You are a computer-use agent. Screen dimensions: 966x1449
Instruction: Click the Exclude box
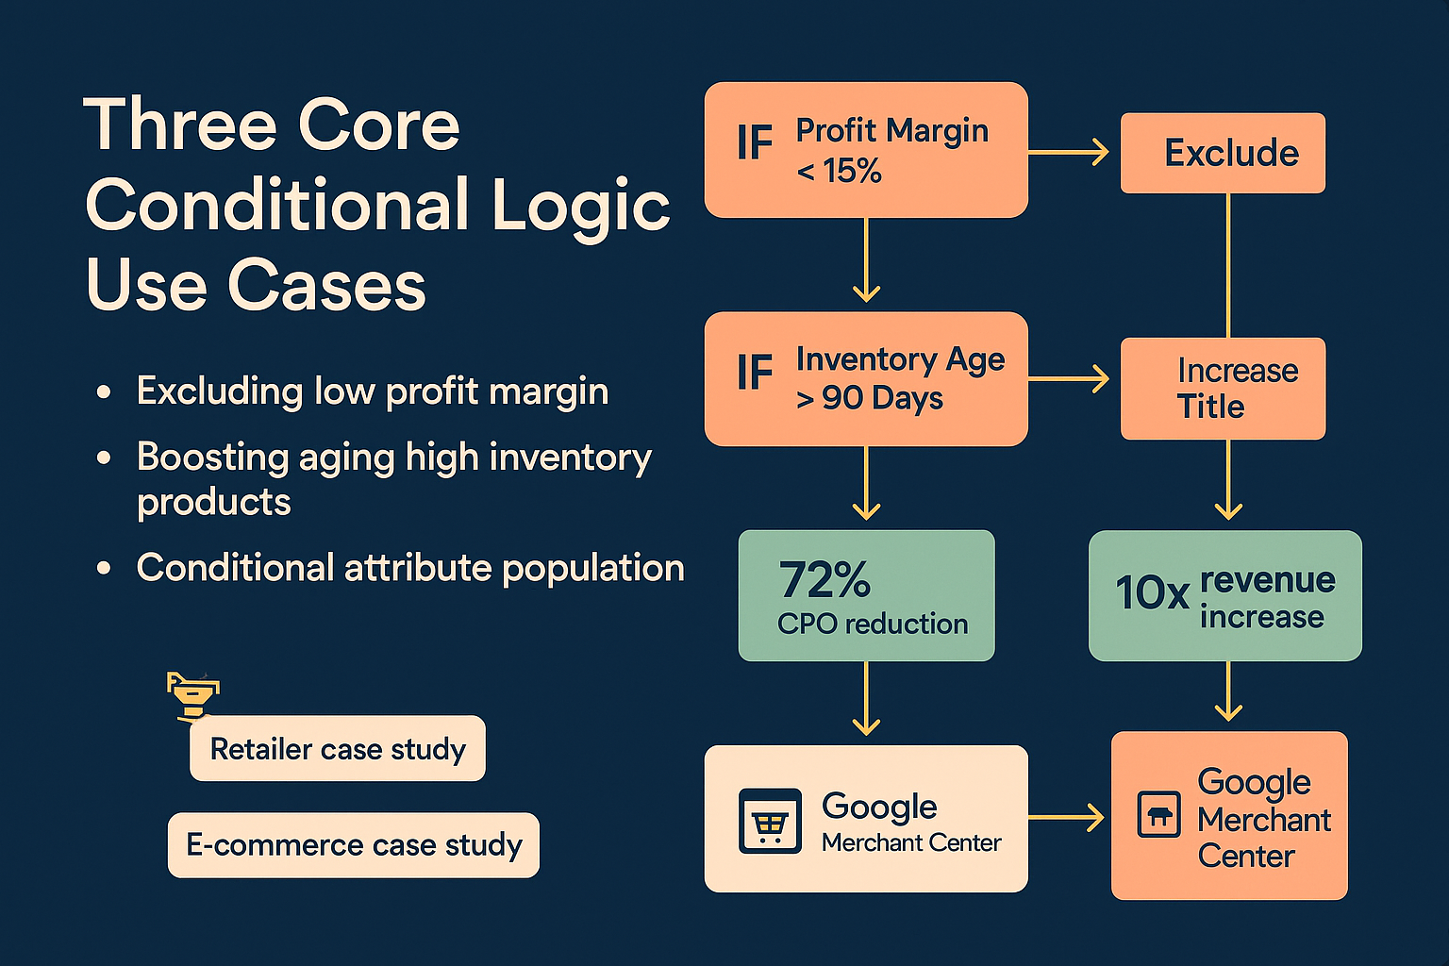pyautogui.click(x=1223, y=153)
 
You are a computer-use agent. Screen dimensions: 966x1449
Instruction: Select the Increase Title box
pyautogui.click(x=1223, y=389)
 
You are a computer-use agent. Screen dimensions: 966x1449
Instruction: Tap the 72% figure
pyautogui.click(x=824, y=580)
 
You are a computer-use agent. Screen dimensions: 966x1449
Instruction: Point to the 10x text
pyautogui.click(x=1152, y=593)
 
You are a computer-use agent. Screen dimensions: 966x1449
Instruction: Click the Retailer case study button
pyautogui.click(x=338, y=749)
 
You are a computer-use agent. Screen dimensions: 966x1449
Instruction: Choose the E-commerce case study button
pyautogui.click(x=354, y=845)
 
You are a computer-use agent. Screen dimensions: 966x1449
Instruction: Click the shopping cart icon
pyautogui.click(x=770, y=822)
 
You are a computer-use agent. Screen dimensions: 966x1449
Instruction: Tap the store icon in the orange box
pyautogui.click(x=1159, y=815)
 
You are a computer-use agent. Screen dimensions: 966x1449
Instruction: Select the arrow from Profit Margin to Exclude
pyautogui.click(x=1069, y=151)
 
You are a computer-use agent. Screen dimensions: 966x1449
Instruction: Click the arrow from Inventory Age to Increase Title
pyautogui.click(x=1069, y=379)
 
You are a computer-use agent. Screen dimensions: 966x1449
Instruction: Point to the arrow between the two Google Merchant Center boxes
pyautogui.click(x=1066, y=817)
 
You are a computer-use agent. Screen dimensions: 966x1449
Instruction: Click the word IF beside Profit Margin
pyautogui.click(x=755, y=144)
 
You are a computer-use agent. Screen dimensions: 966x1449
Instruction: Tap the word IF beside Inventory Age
pyautogui.click(x=755, y=373)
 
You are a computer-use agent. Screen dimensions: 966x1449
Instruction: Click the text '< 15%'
pyautogui.click(x=839, y=172)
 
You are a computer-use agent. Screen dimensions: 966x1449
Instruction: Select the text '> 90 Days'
pyautogui.click(x=869, y=399)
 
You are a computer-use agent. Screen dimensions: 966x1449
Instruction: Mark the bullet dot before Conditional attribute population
pyautogui.click(x=105, y=569)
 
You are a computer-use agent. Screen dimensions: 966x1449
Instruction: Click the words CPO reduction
pyautogui.click(x=873, y=625)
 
